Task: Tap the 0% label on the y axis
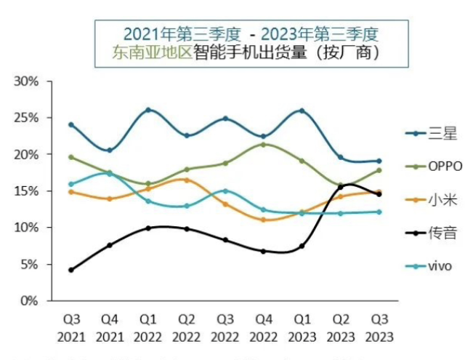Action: [x=29, y=300]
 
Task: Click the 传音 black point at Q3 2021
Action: [x=71, y=270]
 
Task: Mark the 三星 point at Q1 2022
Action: [x=148, y=110]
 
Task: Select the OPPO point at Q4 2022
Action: [x=264, y=144]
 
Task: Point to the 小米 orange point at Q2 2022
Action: [x=187, y=180]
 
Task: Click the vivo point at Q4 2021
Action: [x=110, y=173]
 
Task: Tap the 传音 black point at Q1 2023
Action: [x=302, y=246]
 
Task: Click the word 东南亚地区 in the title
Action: [x=151, y=52]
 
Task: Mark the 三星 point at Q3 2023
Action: [x=379, y=161]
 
